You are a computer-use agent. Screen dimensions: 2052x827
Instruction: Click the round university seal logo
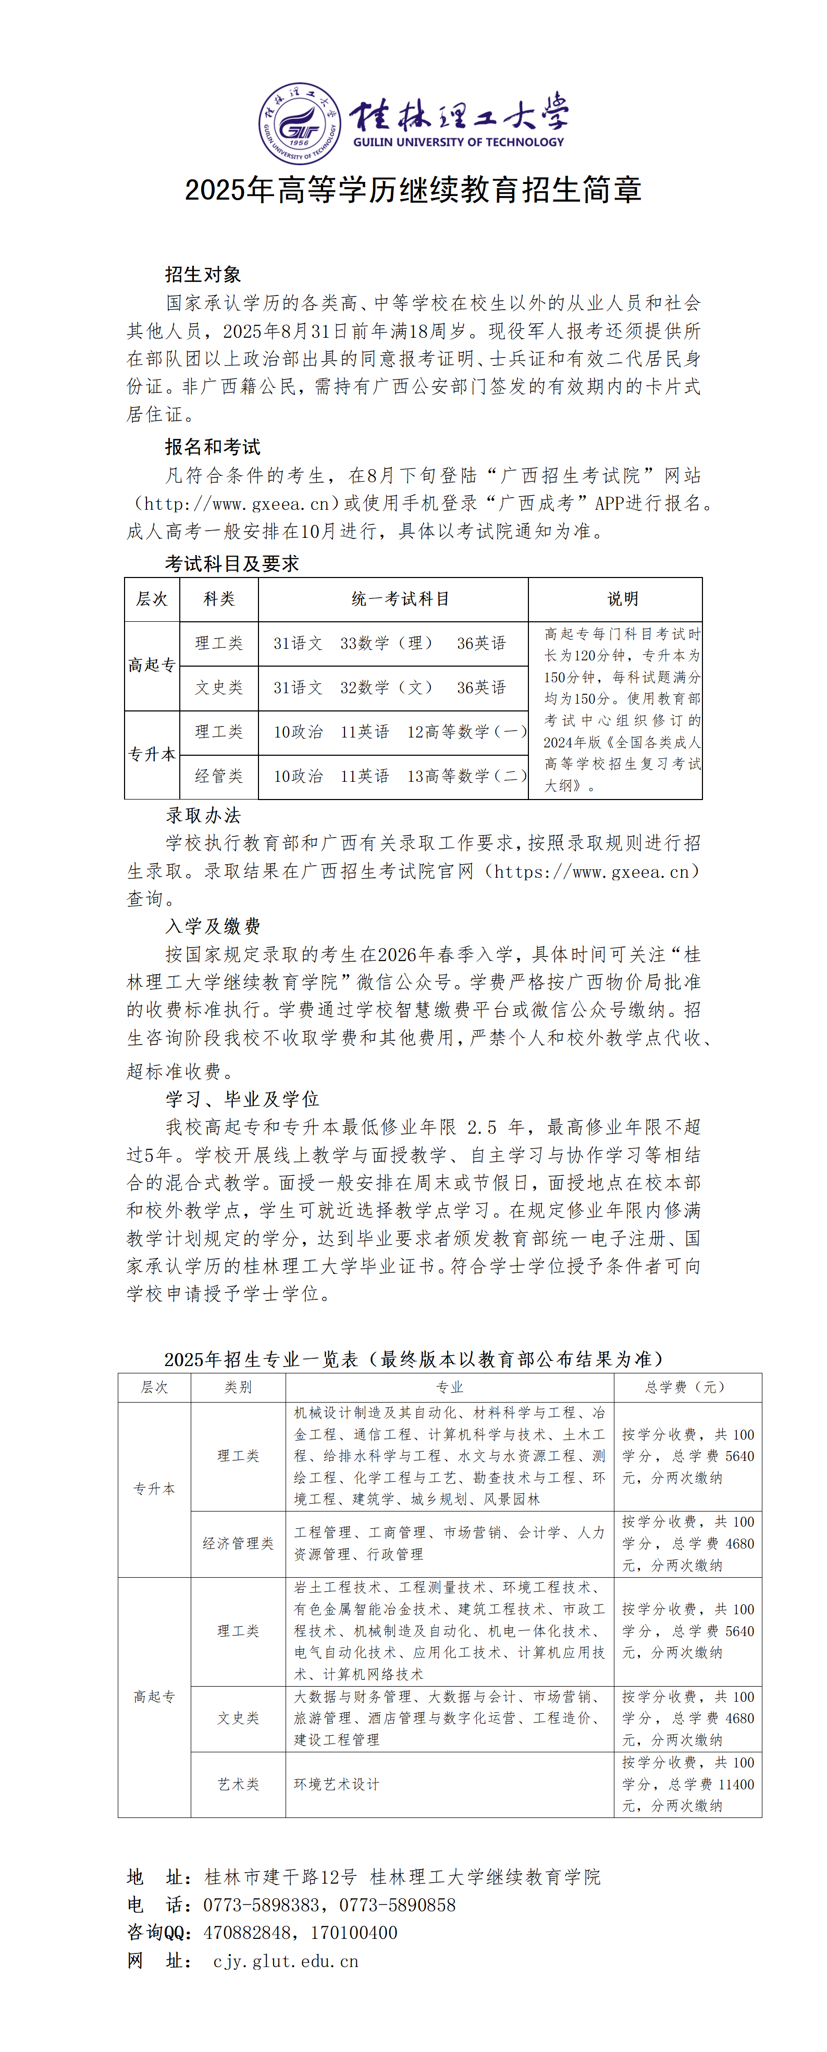(x=299, y=124)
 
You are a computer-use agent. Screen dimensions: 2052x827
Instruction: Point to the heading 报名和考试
(x=212, y=447)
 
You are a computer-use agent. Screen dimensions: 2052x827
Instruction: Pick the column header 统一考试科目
(x=400, y=599)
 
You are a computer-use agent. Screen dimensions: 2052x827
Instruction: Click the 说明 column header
(x=622, y=599)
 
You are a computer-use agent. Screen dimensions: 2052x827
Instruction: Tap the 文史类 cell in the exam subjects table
(x=219, y=687)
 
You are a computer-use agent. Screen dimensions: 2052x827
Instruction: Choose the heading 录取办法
(x=203, y=816)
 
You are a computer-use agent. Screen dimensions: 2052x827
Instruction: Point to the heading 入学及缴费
(x=213, y=926)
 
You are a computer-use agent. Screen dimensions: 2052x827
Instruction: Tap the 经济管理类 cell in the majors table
(x=238, y=1544)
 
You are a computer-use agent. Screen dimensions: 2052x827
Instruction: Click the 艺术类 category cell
(x=238, y=1784)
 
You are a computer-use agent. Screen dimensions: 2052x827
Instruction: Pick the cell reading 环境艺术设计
(x=337, y=1784)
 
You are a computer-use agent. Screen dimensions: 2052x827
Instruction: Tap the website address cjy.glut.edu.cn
(x=285, y=1961)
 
